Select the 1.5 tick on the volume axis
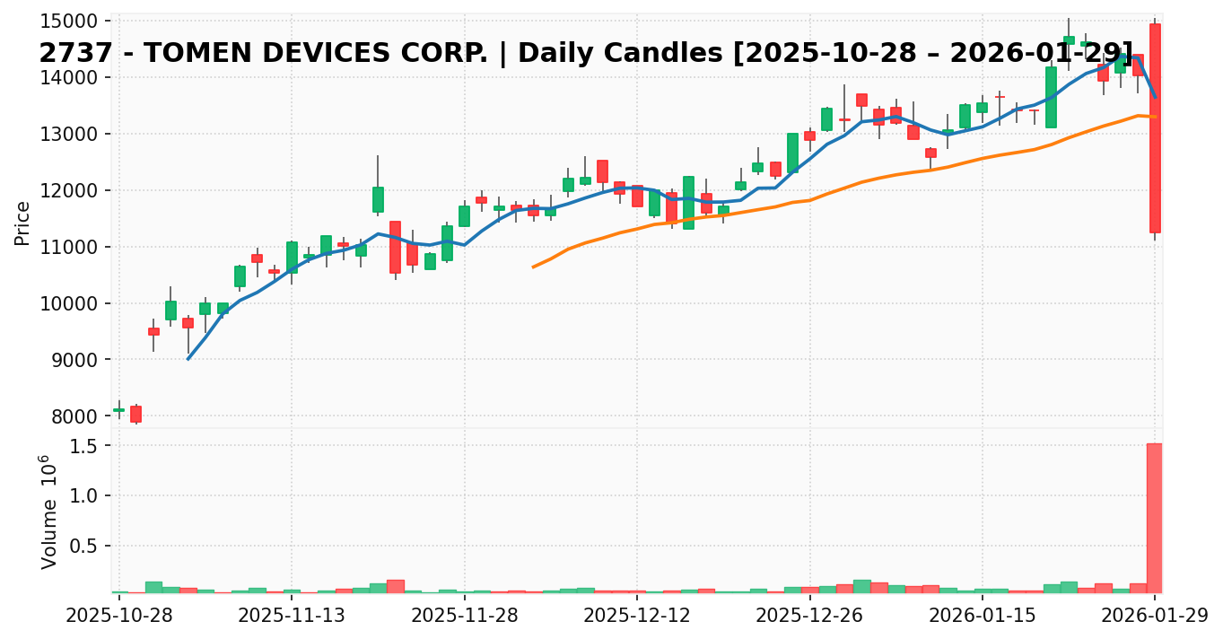[x=83, y=446]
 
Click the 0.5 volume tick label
[x=83, y=547]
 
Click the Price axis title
[x=22, y=223]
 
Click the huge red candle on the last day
[x=1155, y=127]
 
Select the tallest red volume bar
[x=1155, y=518]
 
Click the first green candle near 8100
[x=118, y=410]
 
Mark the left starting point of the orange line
[x=533, y=267]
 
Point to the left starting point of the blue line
[x=188, y=359]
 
